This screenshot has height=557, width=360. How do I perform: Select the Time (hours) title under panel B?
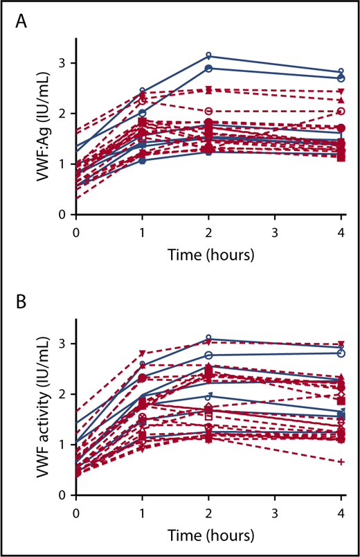208,535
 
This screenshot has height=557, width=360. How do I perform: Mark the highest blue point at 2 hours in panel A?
209,56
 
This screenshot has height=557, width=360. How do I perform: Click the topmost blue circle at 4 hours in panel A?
341,72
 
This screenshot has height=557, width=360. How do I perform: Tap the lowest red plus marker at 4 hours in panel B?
341,461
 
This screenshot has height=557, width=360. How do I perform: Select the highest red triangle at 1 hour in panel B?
143,353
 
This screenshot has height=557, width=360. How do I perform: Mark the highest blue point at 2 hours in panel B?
209,339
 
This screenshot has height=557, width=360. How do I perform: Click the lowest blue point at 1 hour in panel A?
143,161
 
